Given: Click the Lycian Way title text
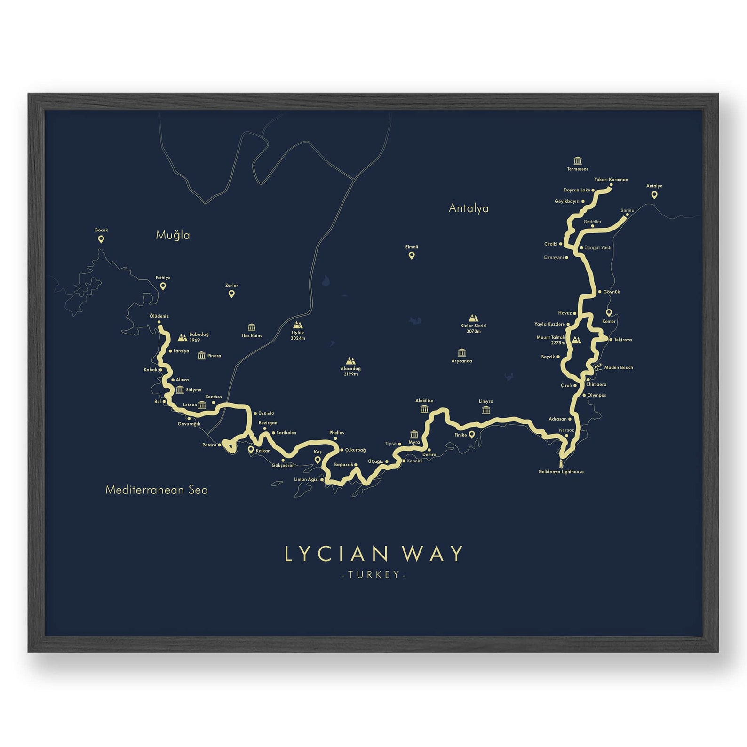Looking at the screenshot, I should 374,554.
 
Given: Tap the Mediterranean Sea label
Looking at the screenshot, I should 156,490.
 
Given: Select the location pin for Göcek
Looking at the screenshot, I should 101,239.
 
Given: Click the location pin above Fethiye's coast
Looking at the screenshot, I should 163,286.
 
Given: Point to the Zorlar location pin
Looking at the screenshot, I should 231,294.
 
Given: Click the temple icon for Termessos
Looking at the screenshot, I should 578,161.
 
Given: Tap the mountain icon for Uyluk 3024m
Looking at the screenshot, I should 297,325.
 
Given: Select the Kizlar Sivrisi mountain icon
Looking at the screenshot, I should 473,318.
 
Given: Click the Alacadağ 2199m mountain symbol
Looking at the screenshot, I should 350,361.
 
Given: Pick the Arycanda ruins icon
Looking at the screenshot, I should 461,353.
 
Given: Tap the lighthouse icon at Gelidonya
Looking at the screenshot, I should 561,463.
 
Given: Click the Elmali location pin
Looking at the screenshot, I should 412,255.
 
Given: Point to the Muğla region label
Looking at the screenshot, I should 173,235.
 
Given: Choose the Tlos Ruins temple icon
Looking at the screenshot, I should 252,327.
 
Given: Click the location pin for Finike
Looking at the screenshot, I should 472,435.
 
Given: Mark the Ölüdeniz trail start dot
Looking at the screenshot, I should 159,322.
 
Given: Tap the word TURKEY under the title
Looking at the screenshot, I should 374,574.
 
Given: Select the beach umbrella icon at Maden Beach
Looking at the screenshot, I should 598,367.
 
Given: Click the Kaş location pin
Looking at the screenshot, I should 318,460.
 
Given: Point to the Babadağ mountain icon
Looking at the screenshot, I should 182,337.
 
